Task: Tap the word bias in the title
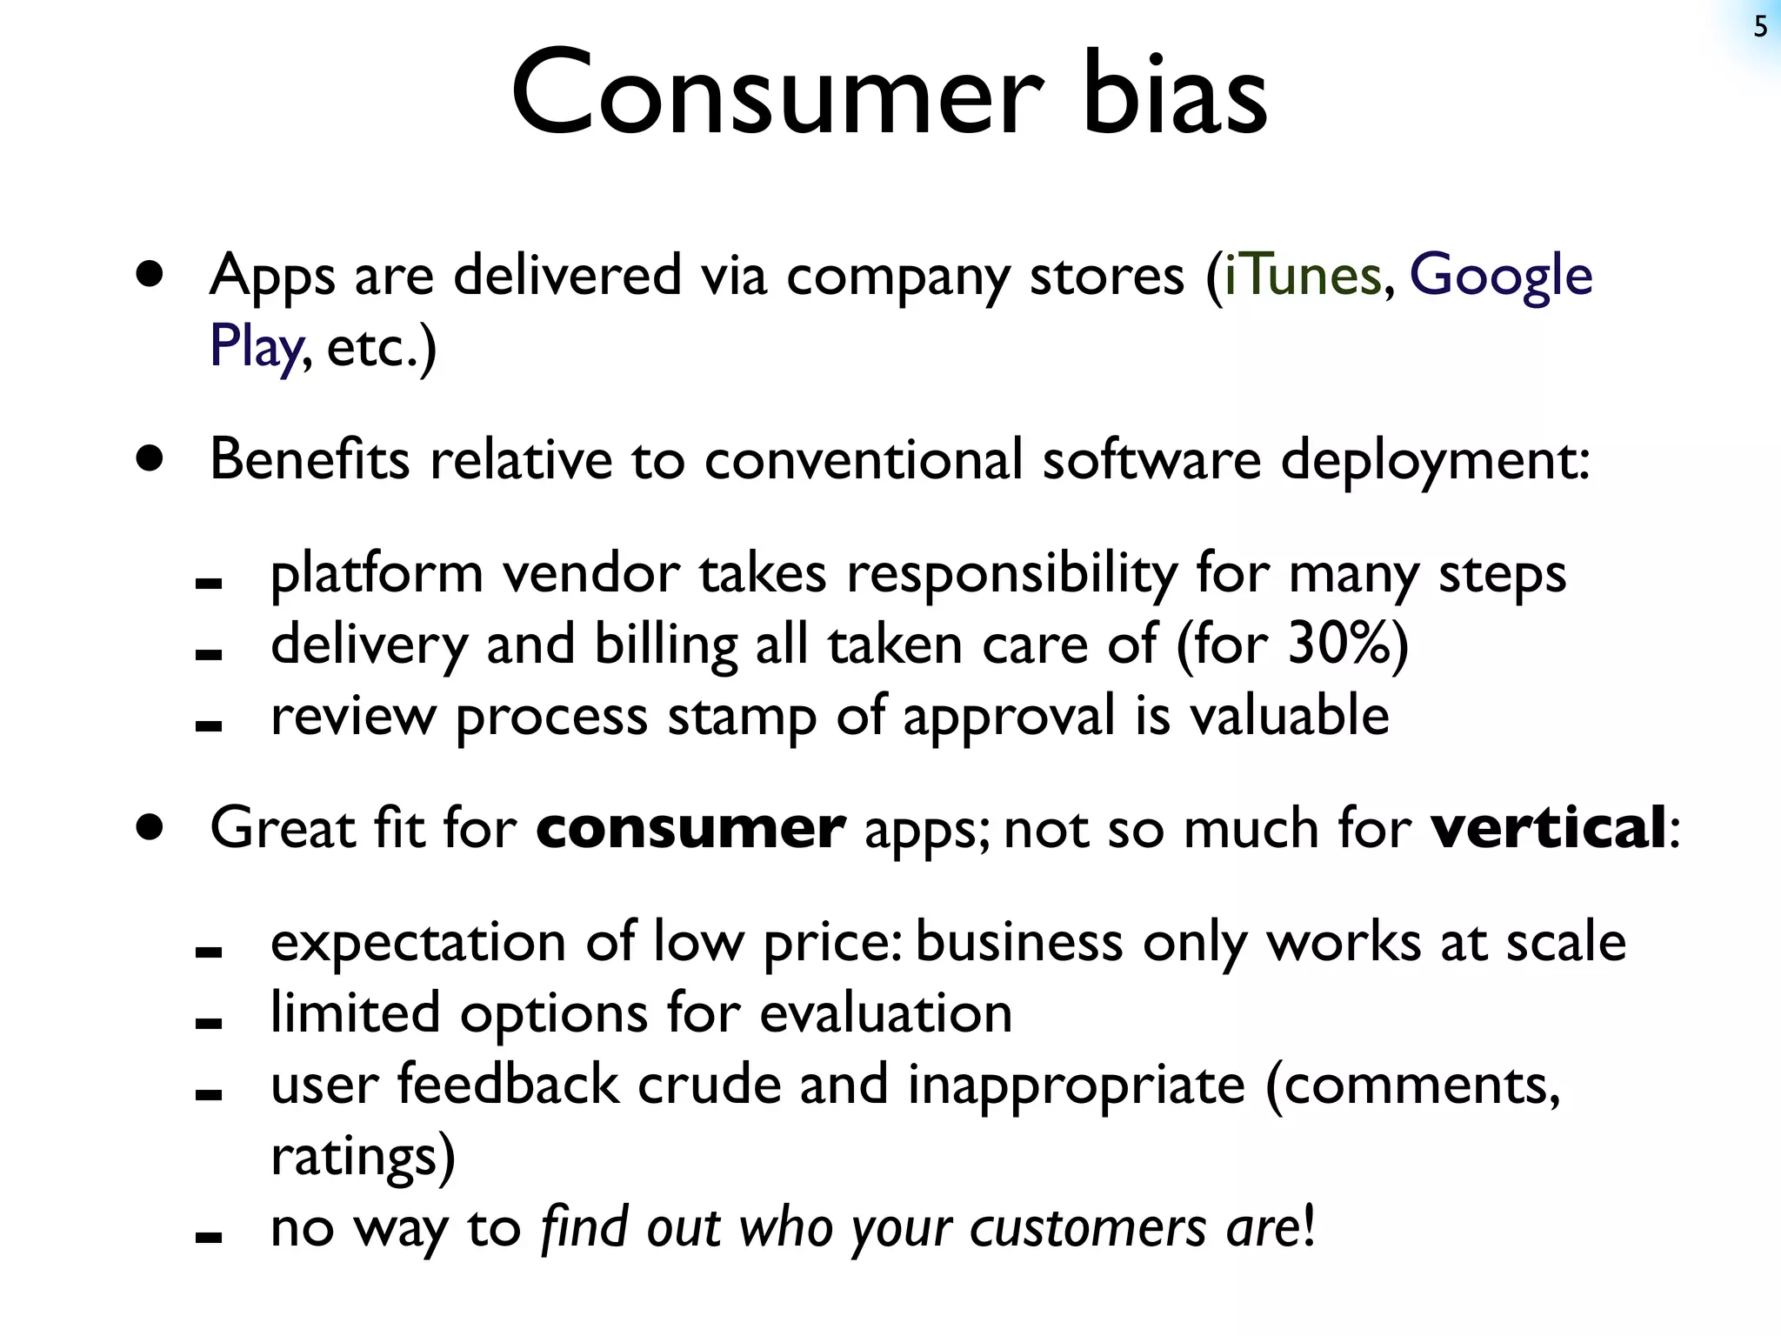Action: point(1174,94)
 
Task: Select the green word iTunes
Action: point(1302,277)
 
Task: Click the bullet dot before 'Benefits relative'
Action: point(150,458)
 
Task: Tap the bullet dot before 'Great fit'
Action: point(150,827)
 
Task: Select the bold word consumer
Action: point(690,829)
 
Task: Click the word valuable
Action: point(1289,716)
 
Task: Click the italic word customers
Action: point(1087,1228)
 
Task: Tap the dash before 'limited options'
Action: point(209,1025)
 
